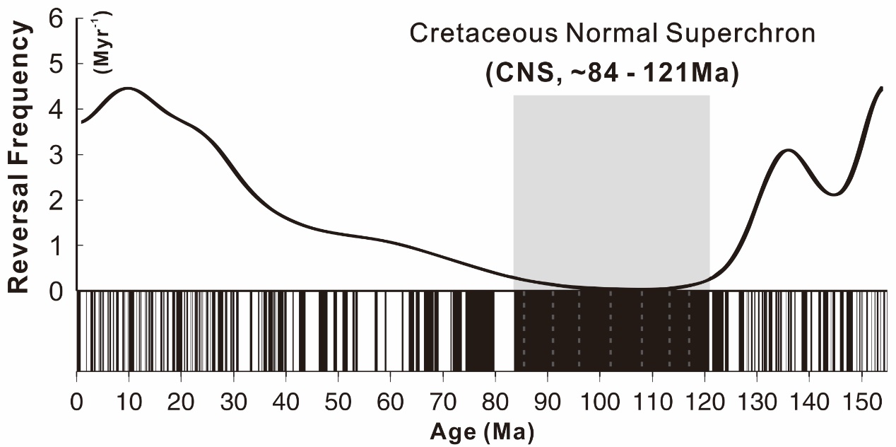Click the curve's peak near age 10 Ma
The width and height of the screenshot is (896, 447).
point(127,88)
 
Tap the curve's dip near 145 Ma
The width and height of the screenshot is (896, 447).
point(835,195)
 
